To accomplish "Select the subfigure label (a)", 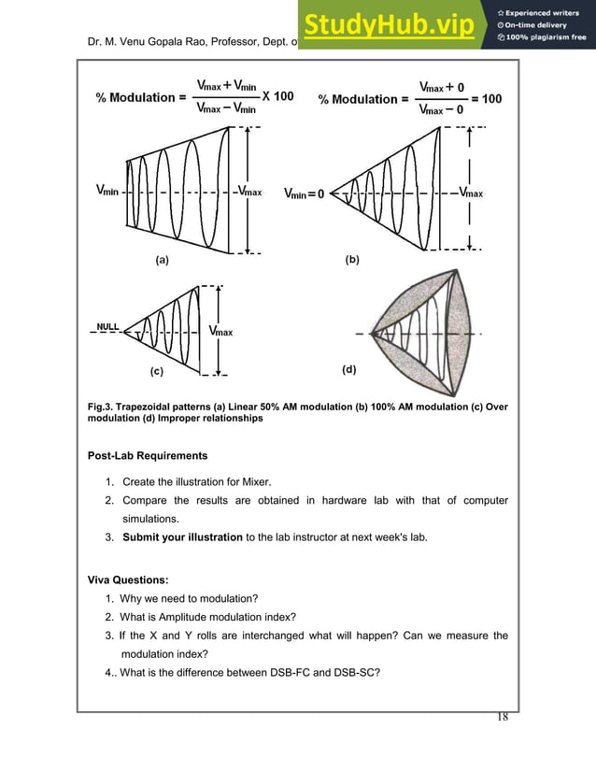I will (x=162, y=262).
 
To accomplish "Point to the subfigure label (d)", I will (x=347, y=370).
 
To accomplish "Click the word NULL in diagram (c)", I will (x=109, y=327).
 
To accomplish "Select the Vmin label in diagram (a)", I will (x=106, y=191).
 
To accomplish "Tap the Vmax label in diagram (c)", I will (x=220, y=331).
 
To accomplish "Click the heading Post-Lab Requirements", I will (x=148, y=456).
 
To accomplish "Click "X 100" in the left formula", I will (x=277, y=96).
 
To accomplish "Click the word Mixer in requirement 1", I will (x=253, y=482).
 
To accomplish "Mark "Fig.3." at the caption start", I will (x=101, y=407).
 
